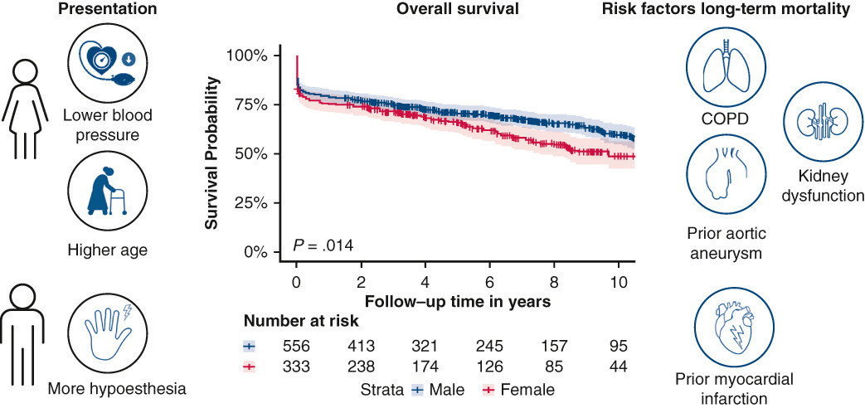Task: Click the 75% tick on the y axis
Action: point(278,104)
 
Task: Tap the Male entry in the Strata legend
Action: point(439,391)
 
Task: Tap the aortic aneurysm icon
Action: point(721,172)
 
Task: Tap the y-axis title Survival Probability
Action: point(211,153)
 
